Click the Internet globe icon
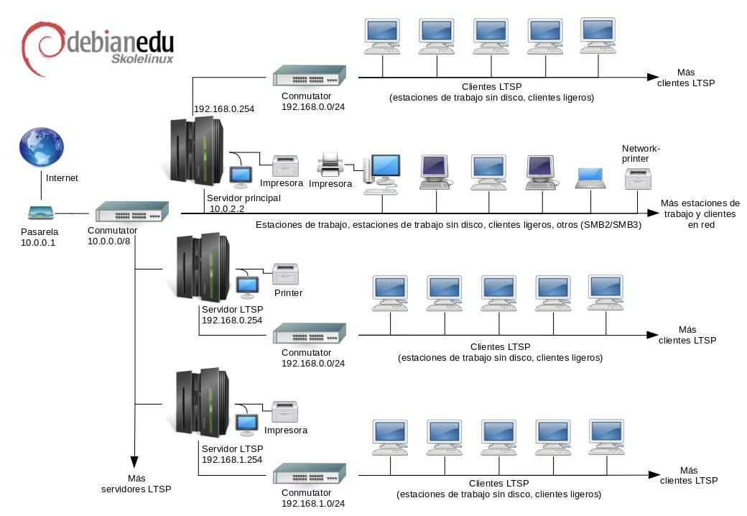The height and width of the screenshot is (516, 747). pyautogui.click(x=42, y=147)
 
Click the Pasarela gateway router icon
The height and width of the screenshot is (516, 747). pyautogui.click(x=41, y=213)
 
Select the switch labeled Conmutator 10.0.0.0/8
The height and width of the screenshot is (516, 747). pyautogui.click(x=132, y=211)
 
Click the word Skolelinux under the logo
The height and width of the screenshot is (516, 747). pyautogui.click(x=142, y=59)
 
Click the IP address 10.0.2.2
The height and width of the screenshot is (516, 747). pyautogui.click(x=227, y=208)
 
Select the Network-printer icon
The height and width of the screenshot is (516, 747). pyautogui.click(x=638, y=179)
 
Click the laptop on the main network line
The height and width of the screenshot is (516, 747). pyautogui.click(x=590, y=178)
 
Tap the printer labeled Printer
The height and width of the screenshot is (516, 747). pyautogui.click(x=285, y=274)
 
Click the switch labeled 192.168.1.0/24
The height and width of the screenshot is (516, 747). pyautogui.click(x=309, y=473)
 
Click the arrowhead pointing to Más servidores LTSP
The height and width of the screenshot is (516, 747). pyautogui.click(x=134, y=462)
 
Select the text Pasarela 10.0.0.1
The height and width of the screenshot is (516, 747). pyautogui.click(x=40, y=237)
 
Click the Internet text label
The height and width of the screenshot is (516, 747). pyautogui.click(x=62, y=178)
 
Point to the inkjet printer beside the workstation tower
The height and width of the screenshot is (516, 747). pyautogui.click(x=330, y=165)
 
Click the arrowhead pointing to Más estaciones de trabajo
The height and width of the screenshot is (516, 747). pyautogui.click(x=653, y=213)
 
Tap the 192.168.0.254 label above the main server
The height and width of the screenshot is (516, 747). pyautogui.click(x=224, y=109)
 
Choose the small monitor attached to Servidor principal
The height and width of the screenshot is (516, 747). pyautogui.click(x=241, y=177)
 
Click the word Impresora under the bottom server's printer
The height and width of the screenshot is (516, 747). pyautogui.click(x=286, y=430)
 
